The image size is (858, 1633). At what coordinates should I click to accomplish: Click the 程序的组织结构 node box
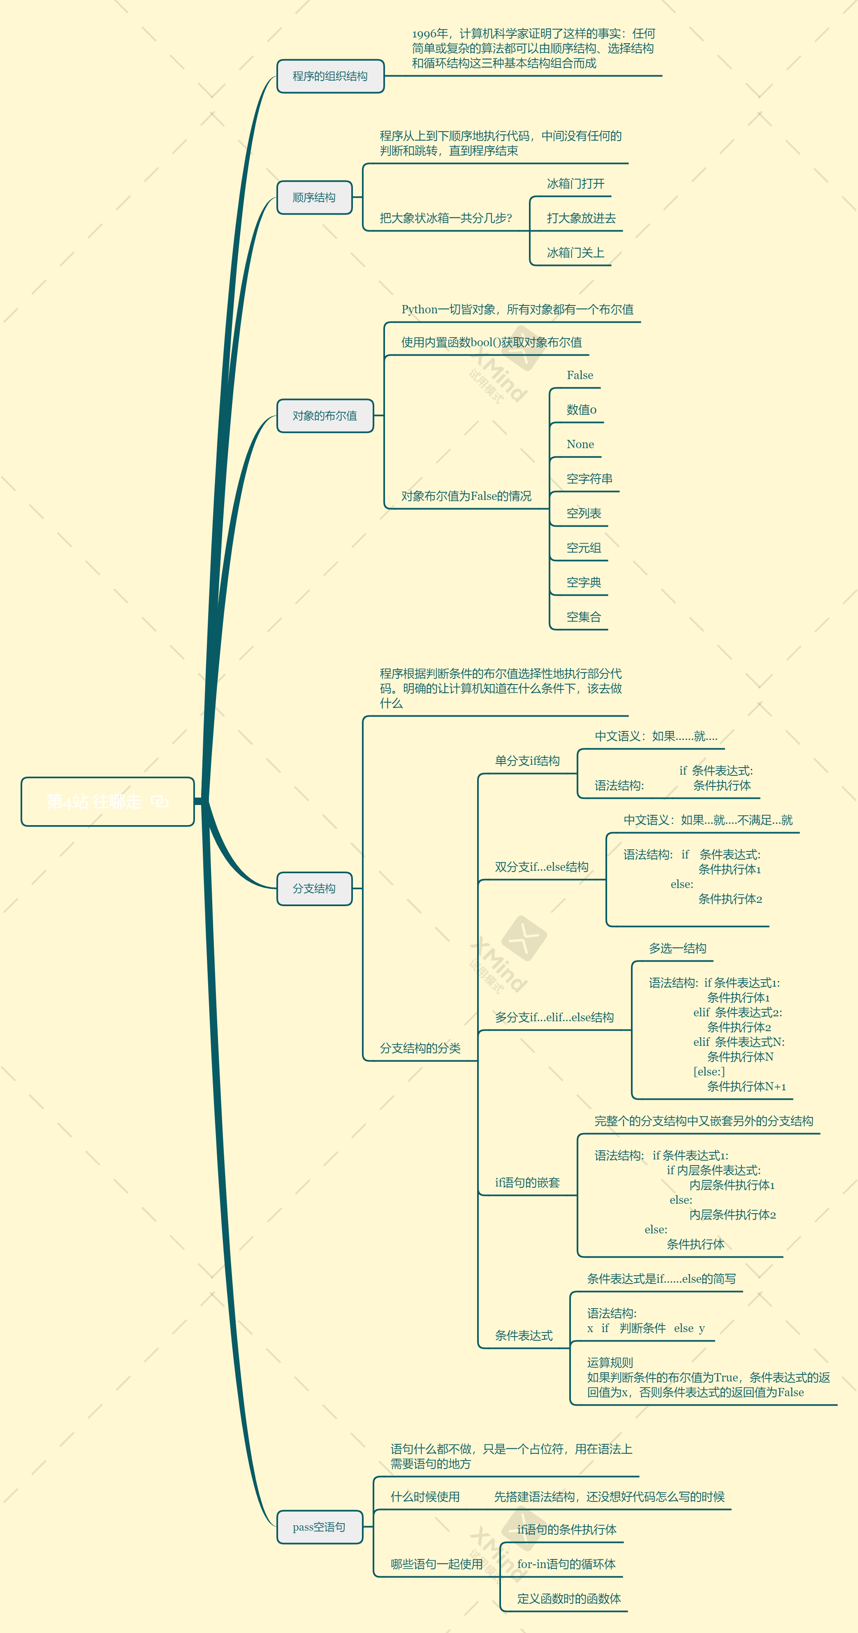[330, 76]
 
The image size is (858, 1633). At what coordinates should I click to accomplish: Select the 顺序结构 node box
[314, 198]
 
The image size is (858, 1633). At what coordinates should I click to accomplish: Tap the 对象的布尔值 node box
[325, 416]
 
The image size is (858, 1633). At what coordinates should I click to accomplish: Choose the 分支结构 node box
[314, 889]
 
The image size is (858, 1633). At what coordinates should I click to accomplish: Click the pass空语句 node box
[319, 1527]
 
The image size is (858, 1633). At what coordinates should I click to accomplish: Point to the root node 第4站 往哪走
[107, 802]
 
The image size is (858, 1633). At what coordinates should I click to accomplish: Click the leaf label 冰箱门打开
[575, 184]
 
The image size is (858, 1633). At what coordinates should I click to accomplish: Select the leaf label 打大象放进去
[581, 218]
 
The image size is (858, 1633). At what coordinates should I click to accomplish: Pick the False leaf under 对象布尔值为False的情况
[580, 375]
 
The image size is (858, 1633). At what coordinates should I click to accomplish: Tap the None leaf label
[580, 444]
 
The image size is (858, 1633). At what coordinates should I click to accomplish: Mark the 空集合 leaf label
[583, 617]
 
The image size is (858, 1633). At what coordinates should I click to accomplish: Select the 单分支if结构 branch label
[527, 761]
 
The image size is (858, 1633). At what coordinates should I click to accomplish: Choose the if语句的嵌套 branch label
[527, 1182]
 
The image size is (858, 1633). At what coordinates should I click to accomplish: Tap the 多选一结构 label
[677, 948]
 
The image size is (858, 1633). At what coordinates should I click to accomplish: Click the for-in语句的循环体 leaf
[566, 1564]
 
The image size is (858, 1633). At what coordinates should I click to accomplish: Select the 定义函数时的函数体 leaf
[568, 1599]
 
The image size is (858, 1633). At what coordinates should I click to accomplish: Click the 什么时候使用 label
[425, 1497]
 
